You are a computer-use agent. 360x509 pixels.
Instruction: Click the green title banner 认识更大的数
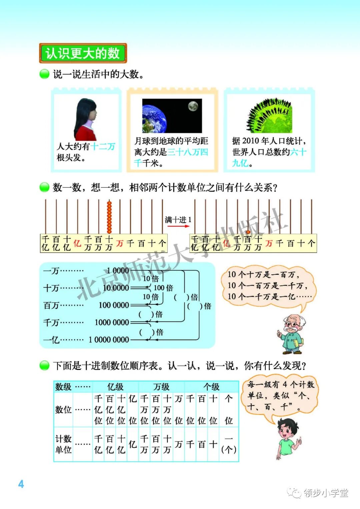(x=83, y=53)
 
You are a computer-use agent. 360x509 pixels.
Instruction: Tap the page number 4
(x=21, y=484)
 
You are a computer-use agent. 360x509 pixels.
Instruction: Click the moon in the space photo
(x=193, y=106)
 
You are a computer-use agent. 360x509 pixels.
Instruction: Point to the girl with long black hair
(x=86, y=119)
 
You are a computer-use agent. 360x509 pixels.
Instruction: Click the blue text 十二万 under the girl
(x=103, y=146)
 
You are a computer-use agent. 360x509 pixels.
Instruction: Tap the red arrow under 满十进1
(x=178, y=226)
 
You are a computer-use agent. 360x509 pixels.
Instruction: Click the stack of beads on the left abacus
(x=109, y=217)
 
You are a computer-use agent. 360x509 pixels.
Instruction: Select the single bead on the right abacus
(x=248, y=232)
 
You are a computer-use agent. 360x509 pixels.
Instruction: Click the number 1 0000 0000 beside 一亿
(x=109, y=340)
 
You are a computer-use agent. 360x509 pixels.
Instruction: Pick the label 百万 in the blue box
(x=51, y=305)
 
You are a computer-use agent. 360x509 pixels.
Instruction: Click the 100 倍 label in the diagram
(x=163, y=288)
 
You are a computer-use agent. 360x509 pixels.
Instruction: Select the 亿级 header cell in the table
(x=115, y=387)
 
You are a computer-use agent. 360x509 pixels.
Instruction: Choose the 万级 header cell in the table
(x=161, y=387)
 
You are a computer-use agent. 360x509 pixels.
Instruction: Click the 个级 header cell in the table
(x=211, y=387)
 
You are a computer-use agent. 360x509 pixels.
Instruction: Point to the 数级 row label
(x=63, y=387)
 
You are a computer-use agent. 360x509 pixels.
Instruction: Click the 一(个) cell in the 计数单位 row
(x=229, y=444)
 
